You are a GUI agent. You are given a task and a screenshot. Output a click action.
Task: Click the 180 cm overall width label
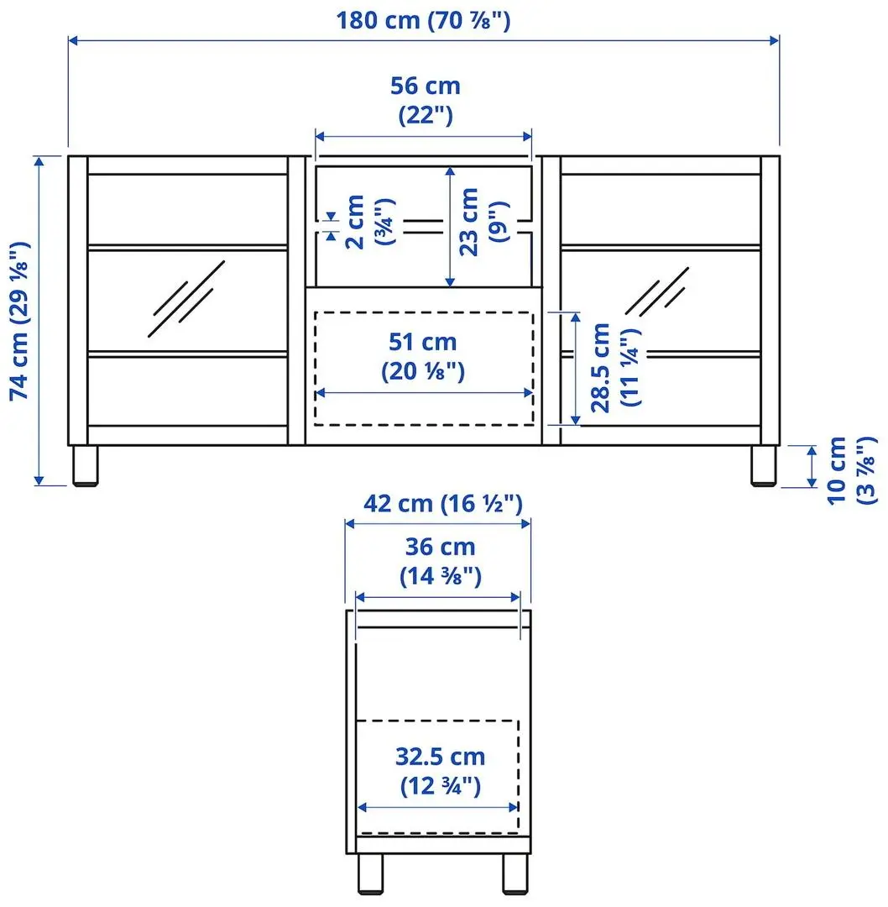tap(423, 19)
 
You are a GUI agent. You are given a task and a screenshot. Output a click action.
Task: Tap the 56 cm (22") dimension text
tap(425, 100)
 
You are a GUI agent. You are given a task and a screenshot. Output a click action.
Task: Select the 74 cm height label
tap(20, 320)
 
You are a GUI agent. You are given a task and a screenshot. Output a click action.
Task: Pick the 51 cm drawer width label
tap(423, 356)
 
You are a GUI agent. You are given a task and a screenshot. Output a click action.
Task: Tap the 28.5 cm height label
tap(614, 368)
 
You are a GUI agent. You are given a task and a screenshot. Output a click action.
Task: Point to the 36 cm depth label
tap(440, 561)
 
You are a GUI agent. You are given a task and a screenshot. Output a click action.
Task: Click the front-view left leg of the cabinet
tap(84, 465)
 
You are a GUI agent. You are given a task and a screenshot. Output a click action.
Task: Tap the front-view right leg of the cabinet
tap(763, 465)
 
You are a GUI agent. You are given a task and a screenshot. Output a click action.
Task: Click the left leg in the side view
tap(370, 874)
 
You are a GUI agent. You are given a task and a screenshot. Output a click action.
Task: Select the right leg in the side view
tap(515, 874)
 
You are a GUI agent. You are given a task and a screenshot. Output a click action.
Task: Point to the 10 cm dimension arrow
tap(811, 466)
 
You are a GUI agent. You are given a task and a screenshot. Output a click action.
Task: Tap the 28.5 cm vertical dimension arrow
tap(576, 368)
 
